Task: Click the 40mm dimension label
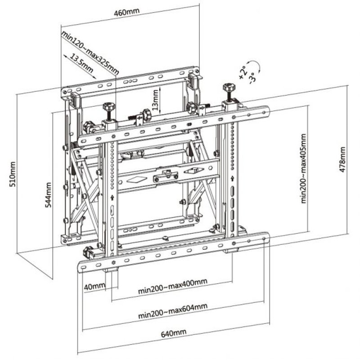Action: pyautogui.click(x=94, y=286)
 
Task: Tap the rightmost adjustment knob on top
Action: pyautogui.click(x=229, y=88)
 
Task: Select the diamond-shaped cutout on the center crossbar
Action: pyautogui.click(x=135, y=179)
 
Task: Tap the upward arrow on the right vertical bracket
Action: pyautogui.click(x=232, y=179)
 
